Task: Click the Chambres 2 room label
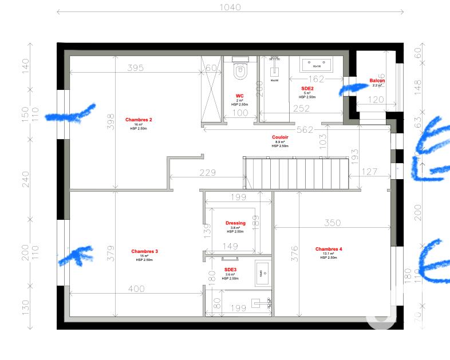pos(139,120)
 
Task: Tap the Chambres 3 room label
pos(144,251)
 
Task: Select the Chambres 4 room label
pos(329,249)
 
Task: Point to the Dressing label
pos(235,223)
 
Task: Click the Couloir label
pos(279,137)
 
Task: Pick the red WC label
pos(240,96)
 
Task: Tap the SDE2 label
pos(307,89)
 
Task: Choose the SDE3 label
pos(231,269)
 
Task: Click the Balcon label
pos(377,81)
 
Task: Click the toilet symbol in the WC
pos(240,72)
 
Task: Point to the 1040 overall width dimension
pos(230,7)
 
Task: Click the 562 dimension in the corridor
pos(305,130)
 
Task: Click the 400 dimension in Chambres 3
pos(136,289)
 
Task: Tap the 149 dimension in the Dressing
pos(230,247)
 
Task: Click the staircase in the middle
pos(296,173)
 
